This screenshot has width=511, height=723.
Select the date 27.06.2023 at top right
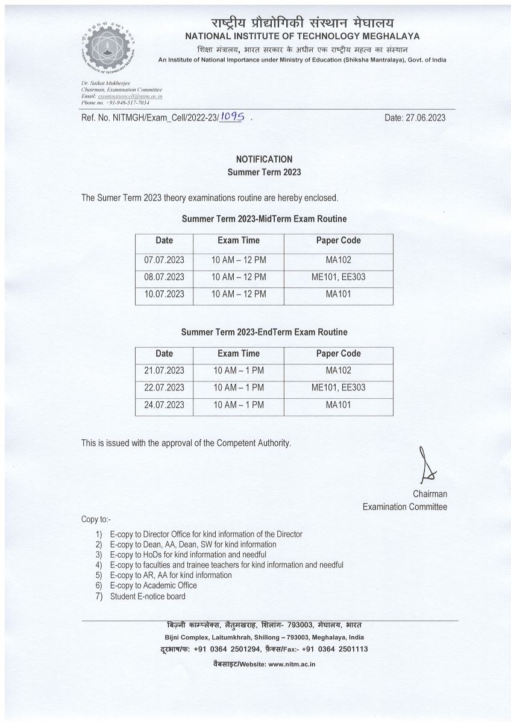pyautogui.click(x=415, y=117)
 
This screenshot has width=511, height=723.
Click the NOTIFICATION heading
pyautogui.click(x=264, y=159)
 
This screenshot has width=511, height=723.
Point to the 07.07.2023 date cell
pyautogui.click(x=164, y=260)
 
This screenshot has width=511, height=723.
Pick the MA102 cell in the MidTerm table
pyautogui.click(x=338, y=260)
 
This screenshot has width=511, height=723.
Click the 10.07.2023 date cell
pyautogui.click(x=164, y=294)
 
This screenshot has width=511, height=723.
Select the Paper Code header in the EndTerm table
pyautogui.click(x=338, y=354)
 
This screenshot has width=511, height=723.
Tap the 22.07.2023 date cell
pyautogui.click(x=164, y=387)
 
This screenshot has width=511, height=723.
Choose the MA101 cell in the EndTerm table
pyautogui.click(x=338, y=405)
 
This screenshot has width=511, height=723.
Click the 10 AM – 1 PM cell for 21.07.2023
pyautogui.click(x=239, y=371)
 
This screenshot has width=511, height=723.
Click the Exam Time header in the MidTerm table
pyautogui.click(x=239, y=240)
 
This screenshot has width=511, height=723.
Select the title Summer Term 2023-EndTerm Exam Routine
pyautogui.click(x=265, y=332)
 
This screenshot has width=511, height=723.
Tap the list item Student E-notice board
pyautogui.click(x=148, y=596)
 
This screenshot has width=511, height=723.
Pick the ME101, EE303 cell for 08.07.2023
pyautogui.click(x=338, y=277)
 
